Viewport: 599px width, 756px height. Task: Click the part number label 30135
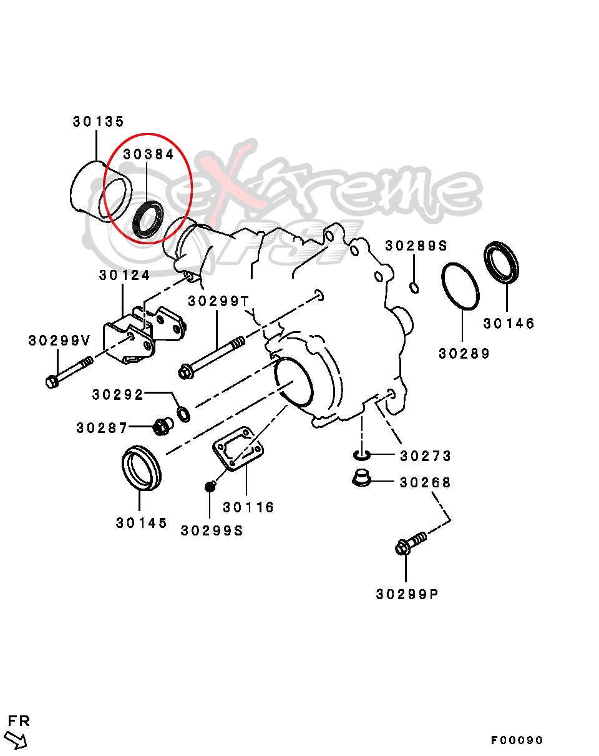pos(99,122)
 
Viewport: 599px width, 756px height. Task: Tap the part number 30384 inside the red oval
pos(149,154)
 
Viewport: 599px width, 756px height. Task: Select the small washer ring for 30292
pos(184,414)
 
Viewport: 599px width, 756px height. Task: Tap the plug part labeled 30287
pos(162,427)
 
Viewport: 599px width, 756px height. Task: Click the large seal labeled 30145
pos(140,467)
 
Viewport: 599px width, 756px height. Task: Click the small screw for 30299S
pos(211,485)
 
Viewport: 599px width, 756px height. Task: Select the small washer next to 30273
pos(361,454)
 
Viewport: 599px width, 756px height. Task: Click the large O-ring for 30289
pos(460,286)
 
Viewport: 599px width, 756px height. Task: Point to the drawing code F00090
pos(517,740)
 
